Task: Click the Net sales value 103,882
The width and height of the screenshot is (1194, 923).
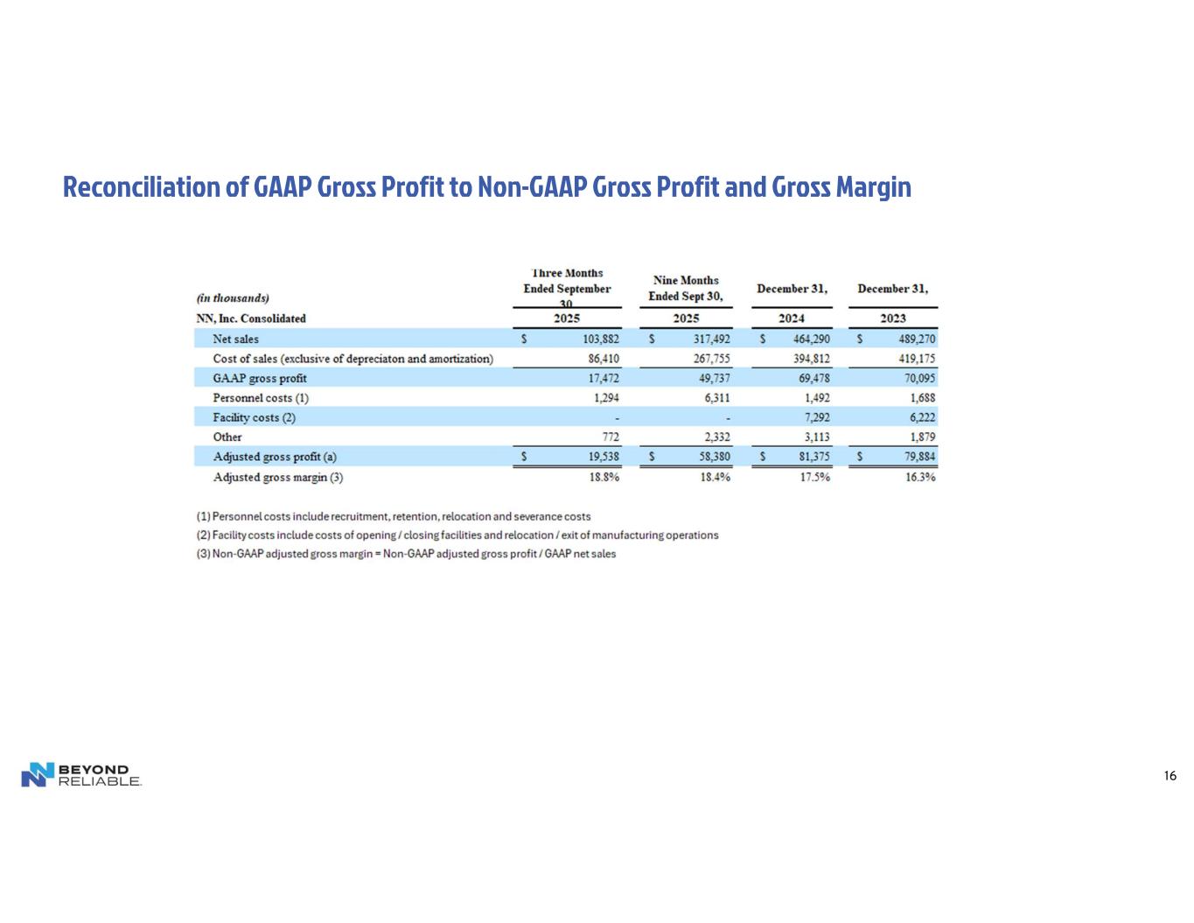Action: point(601,339)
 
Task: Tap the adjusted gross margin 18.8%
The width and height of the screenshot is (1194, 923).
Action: point(604,478)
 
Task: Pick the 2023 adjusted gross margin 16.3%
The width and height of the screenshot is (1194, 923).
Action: point(920,478)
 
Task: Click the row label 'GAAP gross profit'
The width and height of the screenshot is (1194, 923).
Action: point(260,379)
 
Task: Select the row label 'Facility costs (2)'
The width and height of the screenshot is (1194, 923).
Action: point(255,418)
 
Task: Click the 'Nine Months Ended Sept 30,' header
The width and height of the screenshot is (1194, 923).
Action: point(686,288)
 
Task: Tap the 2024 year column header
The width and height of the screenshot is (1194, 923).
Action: point(792,318)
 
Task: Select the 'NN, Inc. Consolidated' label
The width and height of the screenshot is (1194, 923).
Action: point(251,318)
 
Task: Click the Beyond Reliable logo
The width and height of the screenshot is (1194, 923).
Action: point(81,774)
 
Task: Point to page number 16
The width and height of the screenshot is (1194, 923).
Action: point(1170,776)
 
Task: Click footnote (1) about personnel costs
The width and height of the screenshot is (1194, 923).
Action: point(393,516)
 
